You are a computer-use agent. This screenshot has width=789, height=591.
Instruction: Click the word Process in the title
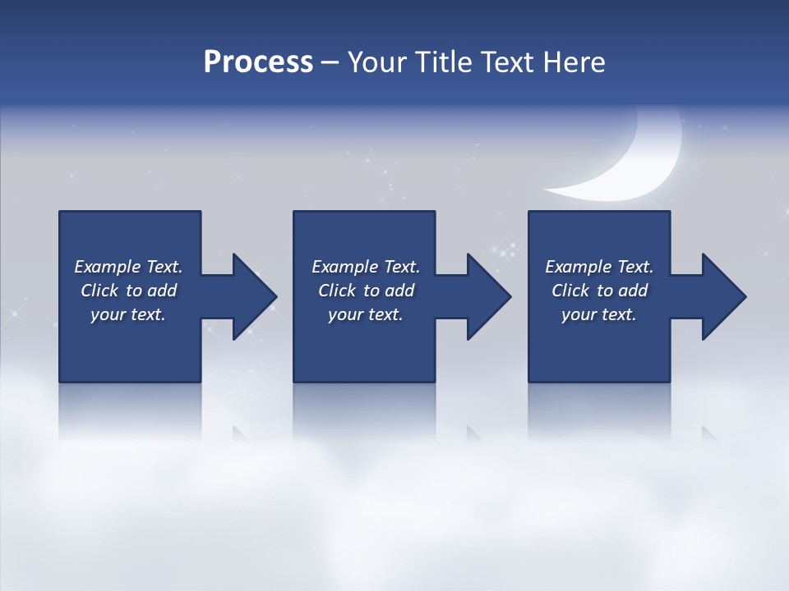[258, 62]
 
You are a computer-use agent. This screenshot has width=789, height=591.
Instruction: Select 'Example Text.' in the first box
[128, 267]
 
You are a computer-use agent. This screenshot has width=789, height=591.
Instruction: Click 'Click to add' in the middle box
[366, 291]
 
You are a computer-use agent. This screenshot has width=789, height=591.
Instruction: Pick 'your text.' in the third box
[599, 314]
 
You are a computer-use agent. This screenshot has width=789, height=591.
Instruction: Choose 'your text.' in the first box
[128, 314]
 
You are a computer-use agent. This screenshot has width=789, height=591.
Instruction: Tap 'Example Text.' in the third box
[599, 267]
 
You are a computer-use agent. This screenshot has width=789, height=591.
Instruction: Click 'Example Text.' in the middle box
[366, 267]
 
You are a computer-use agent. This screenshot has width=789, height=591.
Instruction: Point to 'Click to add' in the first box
[128, 291]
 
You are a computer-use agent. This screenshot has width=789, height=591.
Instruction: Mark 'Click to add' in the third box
[599, 291]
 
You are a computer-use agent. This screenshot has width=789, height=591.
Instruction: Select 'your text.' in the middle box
[366, 314]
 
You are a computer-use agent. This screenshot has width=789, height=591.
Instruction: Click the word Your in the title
[376, 62]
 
